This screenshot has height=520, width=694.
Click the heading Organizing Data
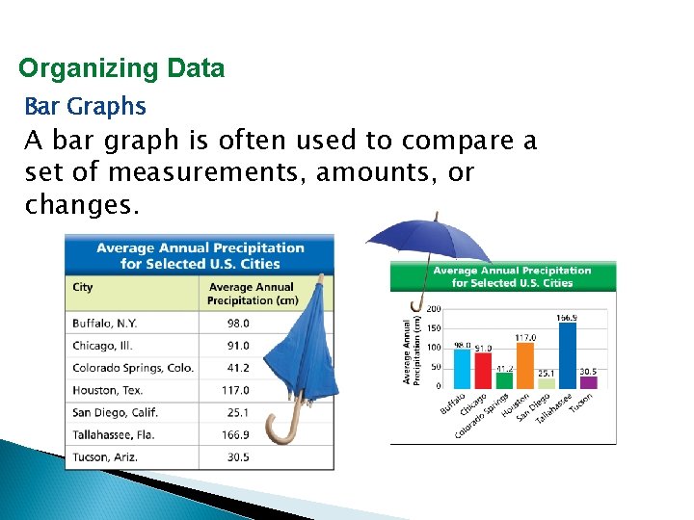click(121, 68)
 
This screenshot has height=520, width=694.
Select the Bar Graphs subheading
click(85, 106)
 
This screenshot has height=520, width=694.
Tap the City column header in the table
click(83, 287)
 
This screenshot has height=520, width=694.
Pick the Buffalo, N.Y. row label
click(106, 324)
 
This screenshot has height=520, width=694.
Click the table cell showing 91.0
click(238, 346)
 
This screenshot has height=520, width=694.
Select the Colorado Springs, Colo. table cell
click(133, 368)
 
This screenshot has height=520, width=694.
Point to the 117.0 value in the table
click(235, 390)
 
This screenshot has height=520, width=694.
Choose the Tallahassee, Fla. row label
click(114, 434)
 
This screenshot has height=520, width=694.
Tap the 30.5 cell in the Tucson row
click(238, 456)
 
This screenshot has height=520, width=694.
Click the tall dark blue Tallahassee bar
click(568, 354)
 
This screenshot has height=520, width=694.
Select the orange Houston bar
click(525, 365)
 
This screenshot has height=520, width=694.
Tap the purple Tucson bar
click(588, 382)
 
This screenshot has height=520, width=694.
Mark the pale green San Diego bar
click(547, 383)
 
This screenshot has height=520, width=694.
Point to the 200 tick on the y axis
click(434, 309)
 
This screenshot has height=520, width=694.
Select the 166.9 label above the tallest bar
click(568, 317)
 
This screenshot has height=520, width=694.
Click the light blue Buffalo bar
click(463, 369)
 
